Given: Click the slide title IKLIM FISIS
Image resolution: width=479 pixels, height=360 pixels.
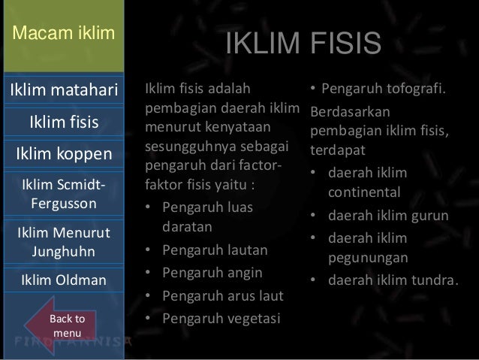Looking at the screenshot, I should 304,44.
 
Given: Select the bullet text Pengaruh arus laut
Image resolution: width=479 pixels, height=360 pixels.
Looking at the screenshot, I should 216,295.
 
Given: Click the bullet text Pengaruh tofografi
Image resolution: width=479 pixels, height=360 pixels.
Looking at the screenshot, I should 383,92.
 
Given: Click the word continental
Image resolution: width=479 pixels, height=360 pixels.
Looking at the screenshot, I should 367,193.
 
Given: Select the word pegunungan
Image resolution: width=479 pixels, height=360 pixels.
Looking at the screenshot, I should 367,258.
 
